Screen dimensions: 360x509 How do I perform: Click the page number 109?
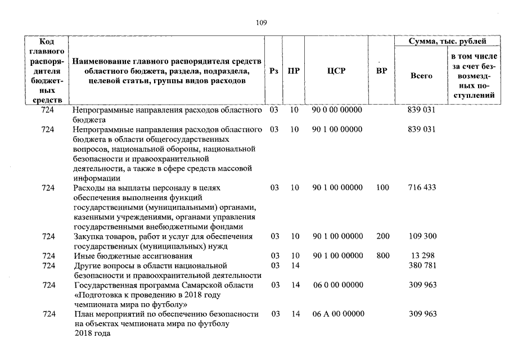point(260,23)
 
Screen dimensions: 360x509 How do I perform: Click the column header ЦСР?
point(336,71)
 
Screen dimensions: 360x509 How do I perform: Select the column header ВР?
point(381,71)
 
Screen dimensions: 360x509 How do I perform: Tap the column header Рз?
point(274,71)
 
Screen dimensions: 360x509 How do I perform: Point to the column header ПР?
point(293,71)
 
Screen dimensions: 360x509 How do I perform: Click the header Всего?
point(421,75)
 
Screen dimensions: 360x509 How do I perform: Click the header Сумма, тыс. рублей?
point(448,42)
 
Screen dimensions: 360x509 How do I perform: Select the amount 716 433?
point(422,188)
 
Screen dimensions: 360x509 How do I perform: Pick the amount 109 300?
point(422,237)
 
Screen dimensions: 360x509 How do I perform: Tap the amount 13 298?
point(422,256)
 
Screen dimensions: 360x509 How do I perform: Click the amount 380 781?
point(422,265)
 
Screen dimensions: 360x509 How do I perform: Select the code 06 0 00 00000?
point(337,285)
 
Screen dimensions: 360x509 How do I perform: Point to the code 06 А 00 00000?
point(338,314)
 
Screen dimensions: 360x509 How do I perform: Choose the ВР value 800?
point(383,256)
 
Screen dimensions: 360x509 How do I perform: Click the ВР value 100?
point(382,188)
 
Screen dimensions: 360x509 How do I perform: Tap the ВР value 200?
point(383,237)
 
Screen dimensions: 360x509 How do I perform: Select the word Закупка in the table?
point(88,237)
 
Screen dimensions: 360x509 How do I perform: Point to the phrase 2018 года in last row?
point(92,334)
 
